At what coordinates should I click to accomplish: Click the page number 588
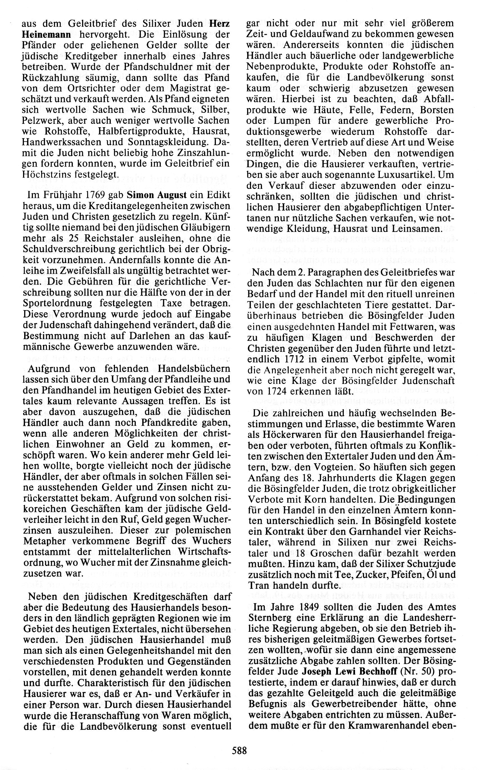[x=239, y=750]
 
